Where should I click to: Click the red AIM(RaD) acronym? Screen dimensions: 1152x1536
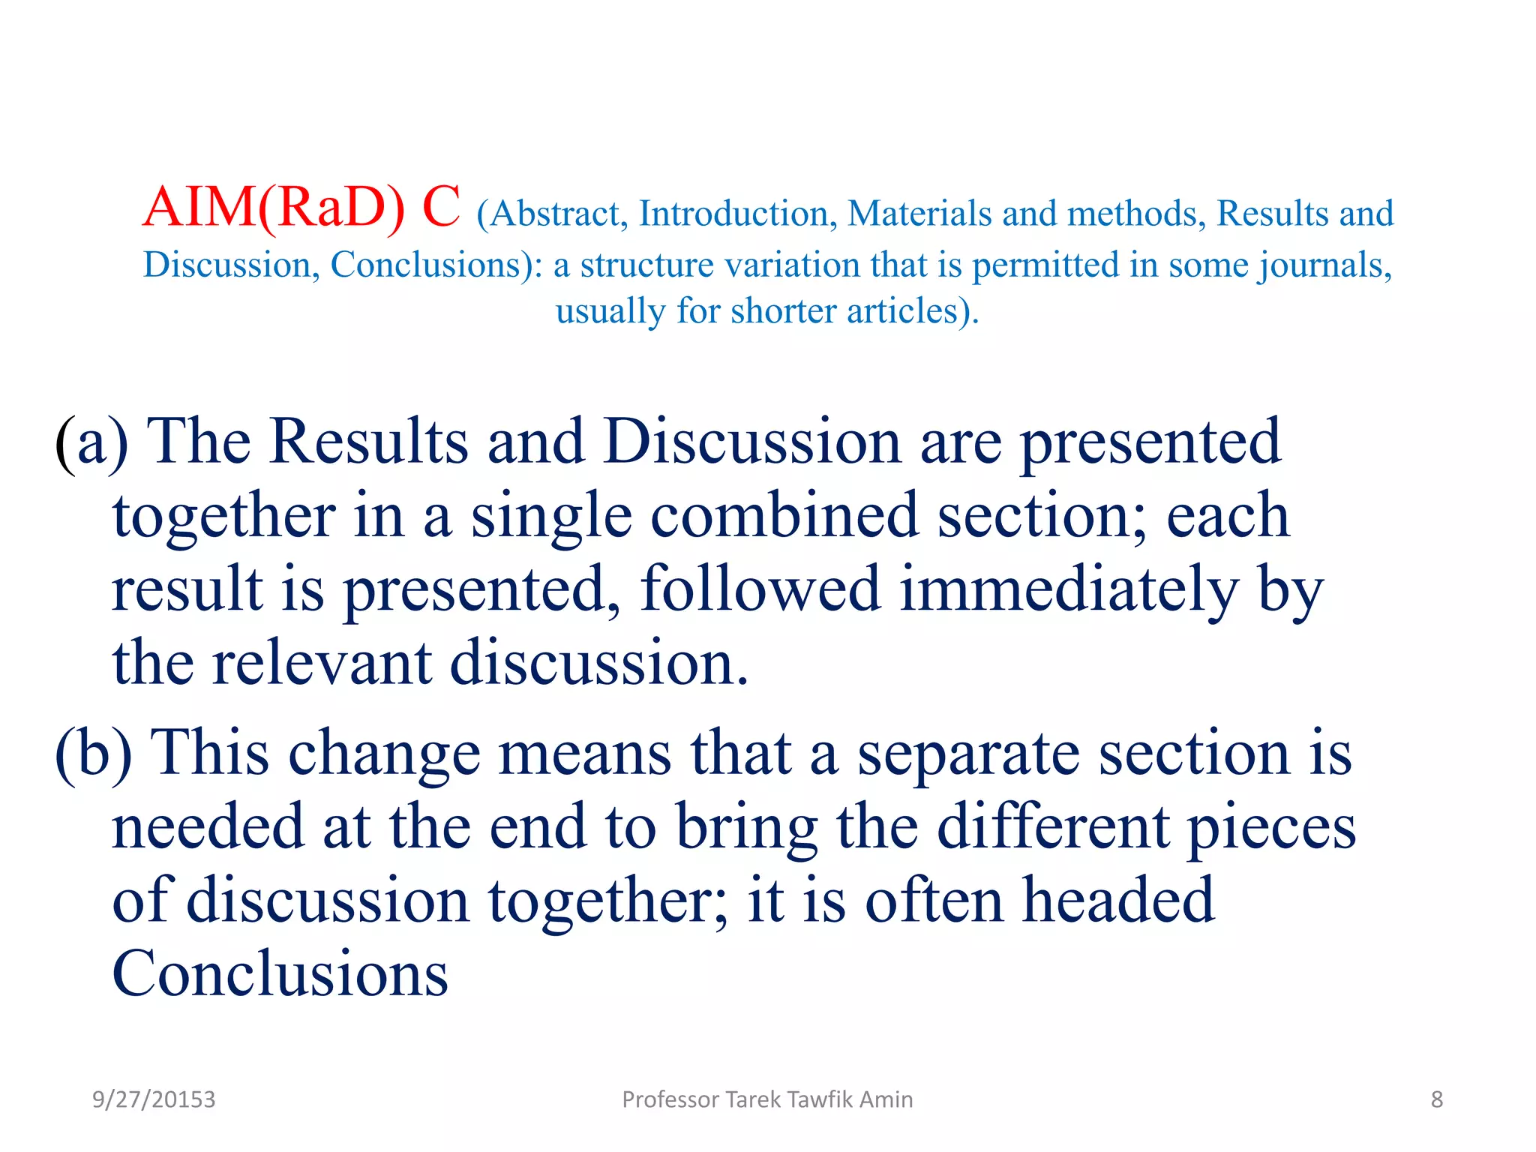pyautogui.click(x=274, y=208)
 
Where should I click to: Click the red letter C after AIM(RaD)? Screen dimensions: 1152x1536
pyautogui.click(x=441, y=208)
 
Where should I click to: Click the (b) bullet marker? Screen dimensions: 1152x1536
pyautogui.click(x=93, y=754)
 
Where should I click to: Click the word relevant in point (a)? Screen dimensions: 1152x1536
pyautogui.click(x=321, y=664)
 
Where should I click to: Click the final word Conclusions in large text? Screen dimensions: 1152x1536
pyautogui.click(x=280, y=974)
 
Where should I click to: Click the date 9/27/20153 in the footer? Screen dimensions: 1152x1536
pyautogui.click(x=154, y=1099)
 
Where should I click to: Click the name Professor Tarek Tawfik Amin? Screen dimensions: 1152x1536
pyautogui.click(x=767, y=1099)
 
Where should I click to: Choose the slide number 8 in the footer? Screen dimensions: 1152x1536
pyautogui.click(x=1436, y=1099)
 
